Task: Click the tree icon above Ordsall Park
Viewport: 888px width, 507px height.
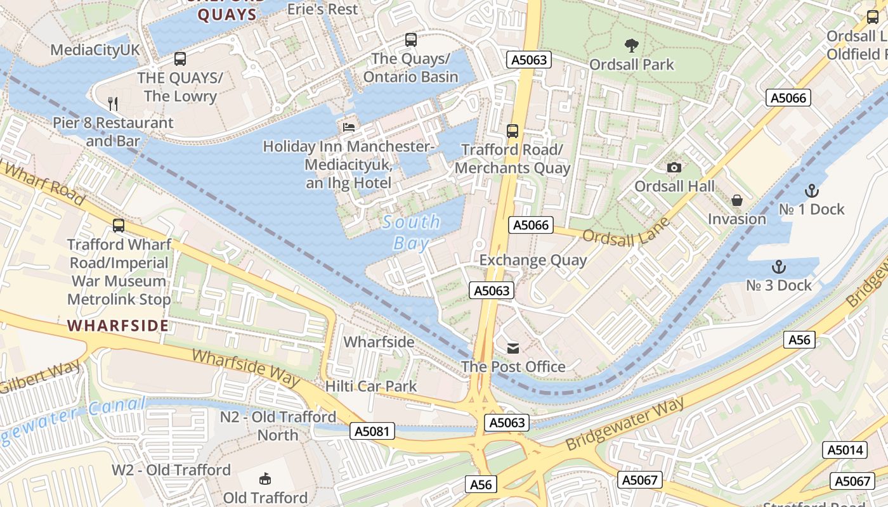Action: [631, 45]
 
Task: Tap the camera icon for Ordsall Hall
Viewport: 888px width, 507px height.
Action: [674, 167]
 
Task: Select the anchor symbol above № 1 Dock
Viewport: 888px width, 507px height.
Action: [811, 190]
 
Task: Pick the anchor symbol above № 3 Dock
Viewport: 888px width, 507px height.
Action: [778, 267]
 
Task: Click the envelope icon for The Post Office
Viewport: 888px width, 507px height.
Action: [513, 348]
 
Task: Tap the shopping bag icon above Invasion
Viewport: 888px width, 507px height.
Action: [736, 200]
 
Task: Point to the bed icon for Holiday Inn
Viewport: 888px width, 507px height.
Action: [348, 127]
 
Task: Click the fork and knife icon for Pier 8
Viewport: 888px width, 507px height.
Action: [113, 103]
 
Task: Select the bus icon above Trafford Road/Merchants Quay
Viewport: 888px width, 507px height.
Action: [513, 131]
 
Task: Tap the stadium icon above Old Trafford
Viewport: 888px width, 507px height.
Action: [265, 479]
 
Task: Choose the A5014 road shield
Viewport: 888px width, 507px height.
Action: [845, 450]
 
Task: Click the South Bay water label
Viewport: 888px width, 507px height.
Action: [411, 232]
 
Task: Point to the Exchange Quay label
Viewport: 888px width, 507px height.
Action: [533, 260]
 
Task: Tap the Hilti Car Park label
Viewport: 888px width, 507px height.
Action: [371, 386]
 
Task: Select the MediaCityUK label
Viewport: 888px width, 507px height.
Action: [95, 50]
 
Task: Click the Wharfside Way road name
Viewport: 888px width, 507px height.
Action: [245, 367]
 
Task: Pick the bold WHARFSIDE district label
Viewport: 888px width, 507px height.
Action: [118, 326]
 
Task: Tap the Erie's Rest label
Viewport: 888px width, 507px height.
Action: [322, 9]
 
